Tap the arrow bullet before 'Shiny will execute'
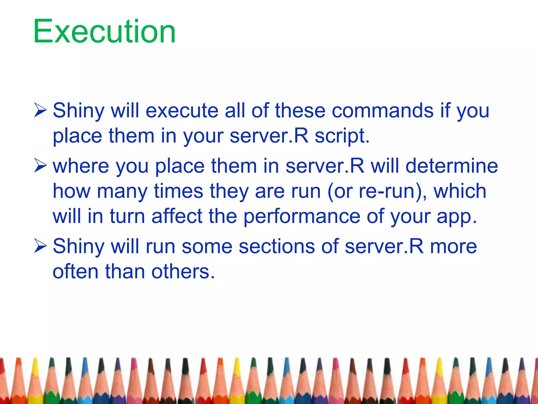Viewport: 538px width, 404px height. tap(40, 110)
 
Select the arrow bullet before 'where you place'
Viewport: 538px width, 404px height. tap(40, 166)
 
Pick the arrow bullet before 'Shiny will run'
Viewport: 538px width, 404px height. tap(40, 246)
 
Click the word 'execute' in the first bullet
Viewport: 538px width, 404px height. tap(182, 110)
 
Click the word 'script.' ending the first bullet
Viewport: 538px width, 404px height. tap(342, 136)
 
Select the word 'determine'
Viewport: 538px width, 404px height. tap(452, 166)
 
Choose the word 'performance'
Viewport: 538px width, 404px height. tap(302, 217)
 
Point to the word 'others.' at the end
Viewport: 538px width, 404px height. tap(183, 272)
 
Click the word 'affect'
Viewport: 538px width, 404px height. tap(177, 216)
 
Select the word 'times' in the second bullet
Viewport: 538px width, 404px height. tap(178, 191)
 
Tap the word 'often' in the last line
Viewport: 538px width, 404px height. tap(76, 272)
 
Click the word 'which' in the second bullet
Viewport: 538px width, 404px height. tap(460, 191)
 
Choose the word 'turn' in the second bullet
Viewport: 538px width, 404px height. tap(127, 216)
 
